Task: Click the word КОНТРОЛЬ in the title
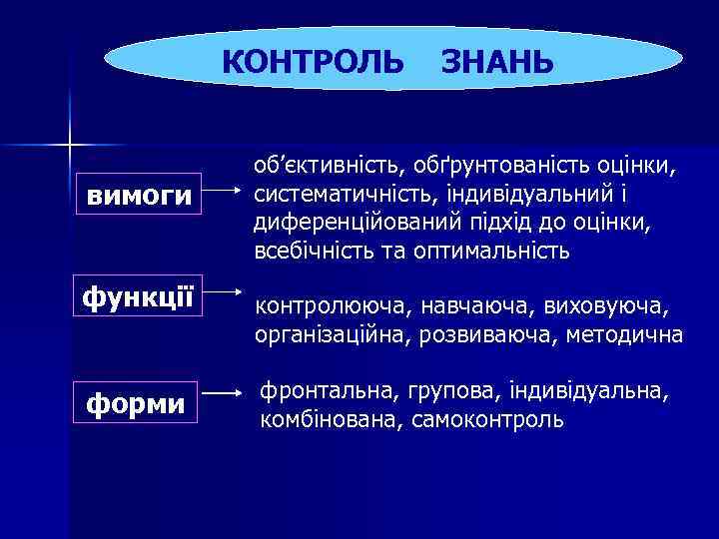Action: point(313,61)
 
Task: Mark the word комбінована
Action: point(329,419)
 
